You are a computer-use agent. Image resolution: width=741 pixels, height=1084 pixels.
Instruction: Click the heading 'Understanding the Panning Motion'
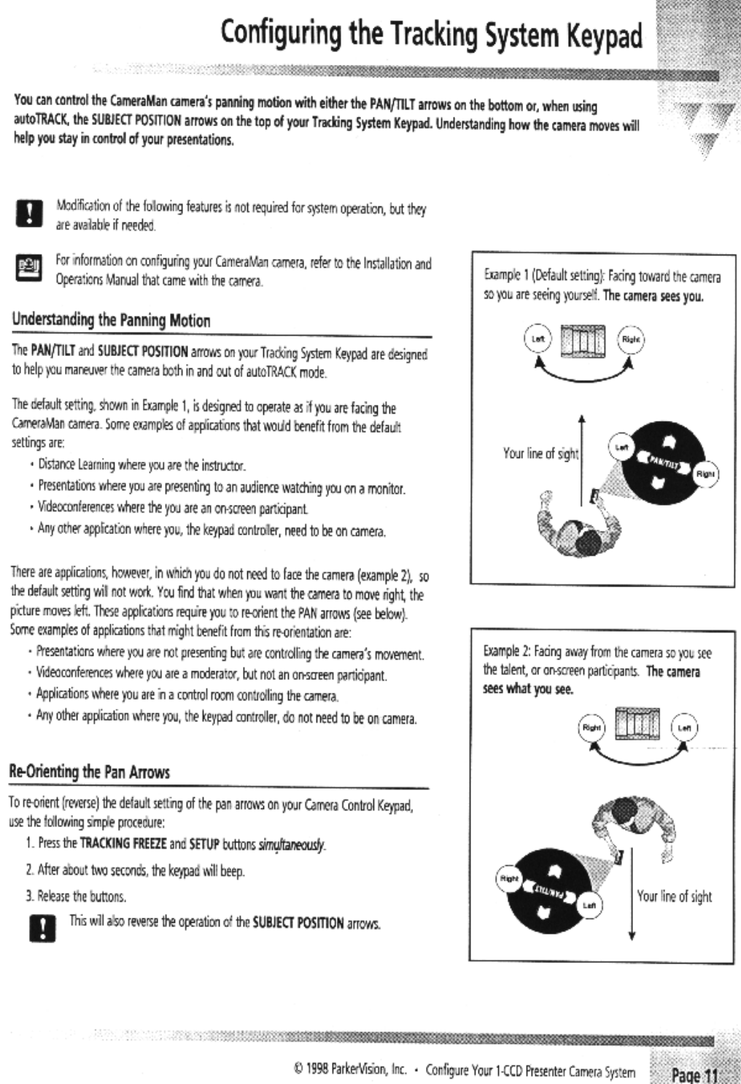tap(112, 320)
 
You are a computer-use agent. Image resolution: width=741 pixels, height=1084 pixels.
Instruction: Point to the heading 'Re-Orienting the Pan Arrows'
tap(89, 772)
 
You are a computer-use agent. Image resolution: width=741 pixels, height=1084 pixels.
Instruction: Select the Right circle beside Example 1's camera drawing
tap(630, 340)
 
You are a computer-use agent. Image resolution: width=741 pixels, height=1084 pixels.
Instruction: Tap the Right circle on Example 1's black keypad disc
tap(705, 473)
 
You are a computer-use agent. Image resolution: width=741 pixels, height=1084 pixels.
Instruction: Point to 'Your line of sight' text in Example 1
tap(540, 454)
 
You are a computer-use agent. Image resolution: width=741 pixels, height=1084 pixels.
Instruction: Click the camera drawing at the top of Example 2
tap(637, 726)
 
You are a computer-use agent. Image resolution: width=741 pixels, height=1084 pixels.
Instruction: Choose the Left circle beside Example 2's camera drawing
tap(684, 727)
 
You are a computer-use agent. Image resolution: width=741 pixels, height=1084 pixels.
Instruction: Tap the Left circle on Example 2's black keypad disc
tap(589, 905)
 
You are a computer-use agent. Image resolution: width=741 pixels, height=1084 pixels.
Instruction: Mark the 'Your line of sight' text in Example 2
tap(674, 897)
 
